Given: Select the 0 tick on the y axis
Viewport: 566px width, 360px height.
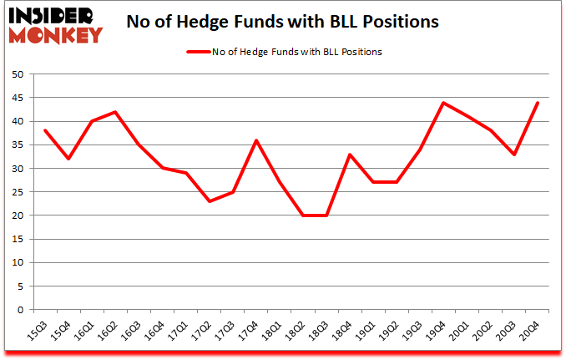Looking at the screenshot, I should click(19, 310).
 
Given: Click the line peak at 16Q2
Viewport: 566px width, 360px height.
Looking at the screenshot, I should click(115, 112).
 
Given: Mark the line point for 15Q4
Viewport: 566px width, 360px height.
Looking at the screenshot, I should click(68, 159).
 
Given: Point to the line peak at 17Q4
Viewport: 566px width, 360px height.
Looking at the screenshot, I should click(256, 140).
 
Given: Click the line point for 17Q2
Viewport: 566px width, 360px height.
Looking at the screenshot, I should click(210, 201).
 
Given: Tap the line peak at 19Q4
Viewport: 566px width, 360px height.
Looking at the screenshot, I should click(444, 103).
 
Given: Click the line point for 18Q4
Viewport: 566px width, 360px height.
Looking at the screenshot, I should click(351, 155).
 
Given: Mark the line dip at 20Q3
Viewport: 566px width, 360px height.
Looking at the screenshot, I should click(515, 155).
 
